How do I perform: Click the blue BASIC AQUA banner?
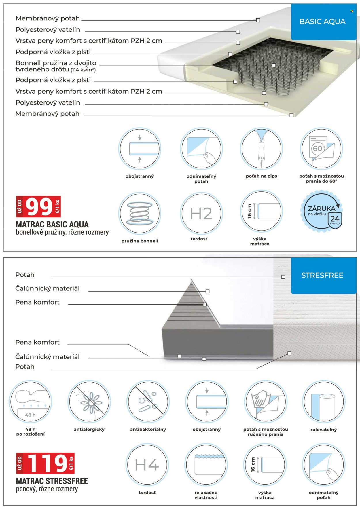tap(323, 22)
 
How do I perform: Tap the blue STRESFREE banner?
tap(323, 276)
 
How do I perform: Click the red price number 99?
tap(39, 207)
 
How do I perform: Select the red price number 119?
tap(48, 463)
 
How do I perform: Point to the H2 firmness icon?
tap(201, 213)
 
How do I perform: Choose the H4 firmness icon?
tap(147, 465)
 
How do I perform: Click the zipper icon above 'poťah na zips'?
tap(262, 149)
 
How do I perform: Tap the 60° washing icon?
tap(321, 149)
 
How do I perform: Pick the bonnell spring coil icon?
tap(140, 213)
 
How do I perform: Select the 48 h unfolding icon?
tap(30, 402)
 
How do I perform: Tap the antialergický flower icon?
tap(89, 402)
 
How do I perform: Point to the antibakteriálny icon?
tap(148, 402)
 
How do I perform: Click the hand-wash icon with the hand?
tap(265, 402)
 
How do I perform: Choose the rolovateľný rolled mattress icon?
tap(324, 402)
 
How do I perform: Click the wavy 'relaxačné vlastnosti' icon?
tap(206, 465)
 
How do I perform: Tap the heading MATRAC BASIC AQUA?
tap(52, 225)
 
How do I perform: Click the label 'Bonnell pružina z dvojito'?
tap(56, 63)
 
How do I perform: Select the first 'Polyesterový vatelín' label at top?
tap(48, 30)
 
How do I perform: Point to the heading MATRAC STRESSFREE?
tap(52, 481)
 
